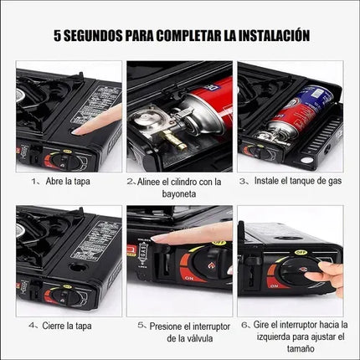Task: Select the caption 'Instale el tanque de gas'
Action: [291, 180]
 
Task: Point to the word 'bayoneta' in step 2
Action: [180, 193]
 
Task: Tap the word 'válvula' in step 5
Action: [191, 337]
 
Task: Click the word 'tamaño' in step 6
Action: [291, 350]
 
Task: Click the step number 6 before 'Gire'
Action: [244, 324]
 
